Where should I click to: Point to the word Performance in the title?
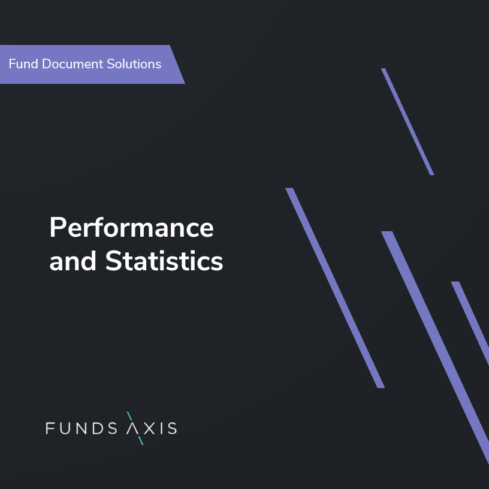tap(131, 228)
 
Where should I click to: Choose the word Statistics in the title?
tap(164, 261)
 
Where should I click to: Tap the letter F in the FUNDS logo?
tap(50, 428)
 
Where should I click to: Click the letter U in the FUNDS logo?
tap(67, 428)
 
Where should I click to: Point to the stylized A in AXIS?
tap(135, 428)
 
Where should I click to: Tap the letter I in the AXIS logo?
tap(162, 428)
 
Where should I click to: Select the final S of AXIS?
tap(172, 428)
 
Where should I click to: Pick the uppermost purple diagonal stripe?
tap(407, 122)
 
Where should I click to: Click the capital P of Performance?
tap(57, 228)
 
